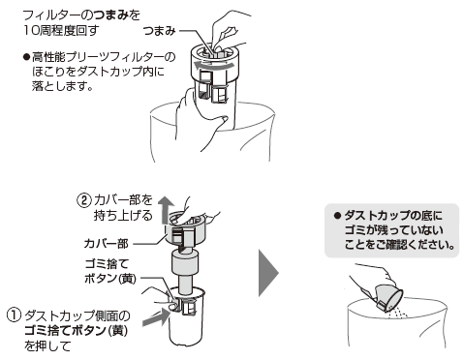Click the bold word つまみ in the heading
[111, 15]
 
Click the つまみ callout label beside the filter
[159, 31]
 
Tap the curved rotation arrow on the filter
[213, 65]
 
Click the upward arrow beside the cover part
[165, 210]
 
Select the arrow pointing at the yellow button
[156, 317]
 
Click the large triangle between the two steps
[268, 273]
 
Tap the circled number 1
[14, 315]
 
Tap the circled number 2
[83, 200]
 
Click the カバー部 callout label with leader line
[106, 244]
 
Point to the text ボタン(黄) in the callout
[110, 279]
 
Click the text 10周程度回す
[61, 31]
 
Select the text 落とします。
[62, 86]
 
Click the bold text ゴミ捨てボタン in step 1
[66, 330]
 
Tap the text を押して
[47, 346]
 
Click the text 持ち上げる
[123, 216]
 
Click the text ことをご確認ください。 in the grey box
[399, 245]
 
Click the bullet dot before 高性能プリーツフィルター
[26, 57]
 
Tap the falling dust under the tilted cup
[398, 313]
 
